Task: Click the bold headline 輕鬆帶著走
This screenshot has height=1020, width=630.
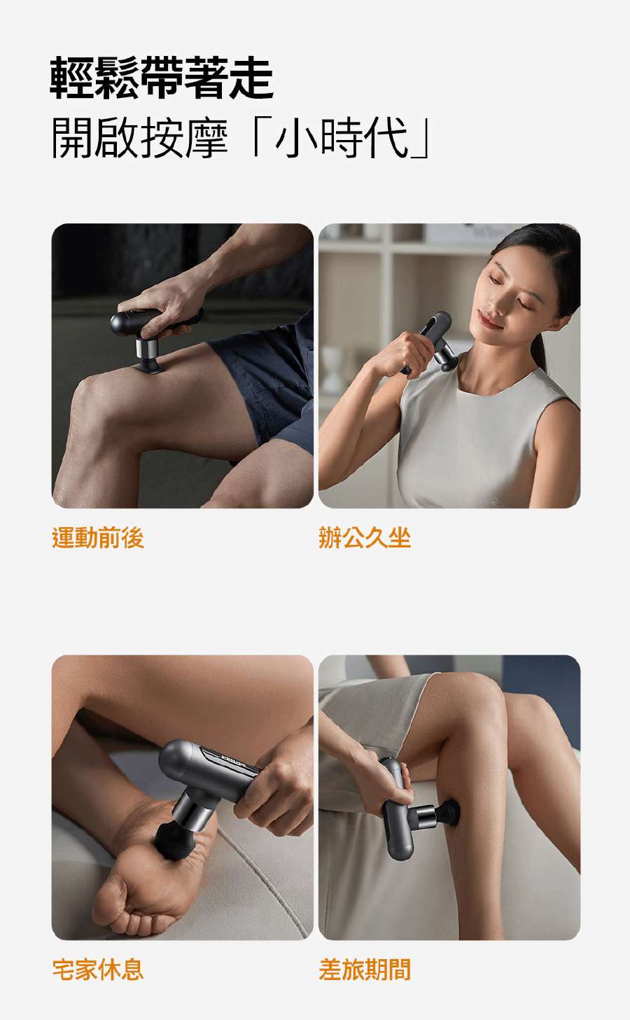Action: pos(162,78)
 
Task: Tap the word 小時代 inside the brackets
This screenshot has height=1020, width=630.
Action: pos(342,137)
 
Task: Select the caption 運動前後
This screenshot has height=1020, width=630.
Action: pos(98,538)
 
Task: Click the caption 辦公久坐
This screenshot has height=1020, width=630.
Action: pos(365,538)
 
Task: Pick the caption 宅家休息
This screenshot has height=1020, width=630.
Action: pos(98,969)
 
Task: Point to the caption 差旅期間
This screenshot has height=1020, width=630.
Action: pos(365,969)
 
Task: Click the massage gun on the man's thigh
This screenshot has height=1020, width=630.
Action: pos(150,337)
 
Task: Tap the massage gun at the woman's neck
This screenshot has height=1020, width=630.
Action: pos(431,342)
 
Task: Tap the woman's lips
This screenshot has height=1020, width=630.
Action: pos(490,320)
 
